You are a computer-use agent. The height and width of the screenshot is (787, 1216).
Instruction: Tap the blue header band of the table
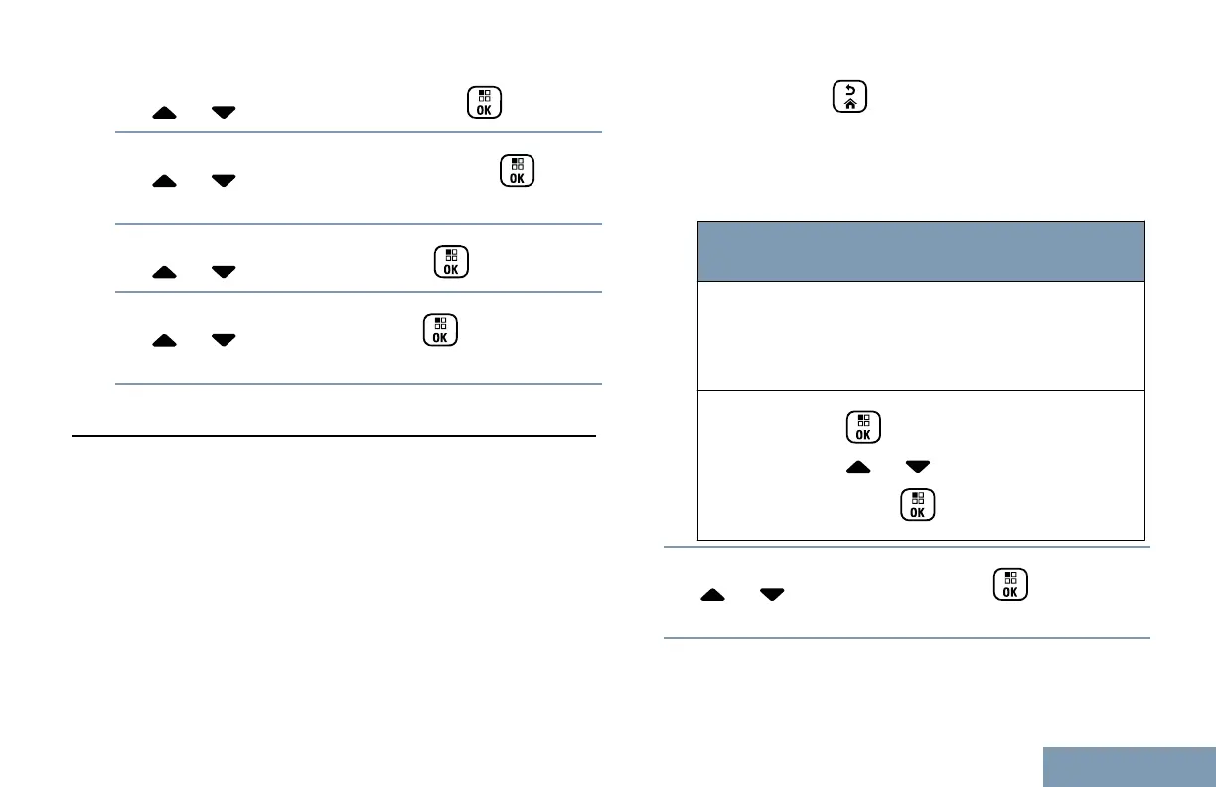(x=921, y=251)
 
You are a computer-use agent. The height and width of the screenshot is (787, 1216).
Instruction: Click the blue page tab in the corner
(x=1130, y=766)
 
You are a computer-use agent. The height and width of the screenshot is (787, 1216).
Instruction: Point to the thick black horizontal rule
(x=334, y=436)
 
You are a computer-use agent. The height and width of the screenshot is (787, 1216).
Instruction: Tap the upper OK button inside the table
(x=862, y=429)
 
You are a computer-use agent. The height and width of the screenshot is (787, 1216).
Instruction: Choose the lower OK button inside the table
(x=918, y=505)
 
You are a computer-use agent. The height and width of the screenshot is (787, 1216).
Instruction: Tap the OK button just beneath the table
(x=1010, y=586)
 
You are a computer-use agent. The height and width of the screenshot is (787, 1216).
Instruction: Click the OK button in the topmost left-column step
(x=484, y=103)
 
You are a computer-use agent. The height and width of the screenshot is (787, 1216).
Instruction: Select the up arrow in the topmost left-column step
(x=165, y=113)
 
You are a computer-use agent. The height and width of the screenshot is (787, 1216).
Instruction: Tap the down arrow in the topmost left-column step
(x=224, y=113)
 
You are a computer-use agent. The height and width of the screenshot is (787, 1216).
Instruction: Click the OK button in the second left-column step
(x=517, y=171)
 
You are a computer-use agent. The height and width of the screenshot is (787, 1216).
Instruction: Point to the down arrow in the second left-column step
(x=224, y=181)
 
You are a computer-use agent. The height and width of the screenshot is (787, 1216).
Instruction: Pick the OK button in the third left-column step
(x=451, y=262)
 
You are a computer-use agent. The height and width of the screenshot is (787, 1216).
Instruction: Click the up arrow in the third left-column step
(x=165, y=271)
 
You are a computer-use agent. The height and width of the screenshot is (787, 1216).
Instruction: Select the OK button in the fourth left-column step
(x=440, y=330)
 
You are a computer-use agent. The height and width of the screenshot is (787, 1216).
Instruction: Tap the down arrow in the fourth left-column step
(x=224, y=340)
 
